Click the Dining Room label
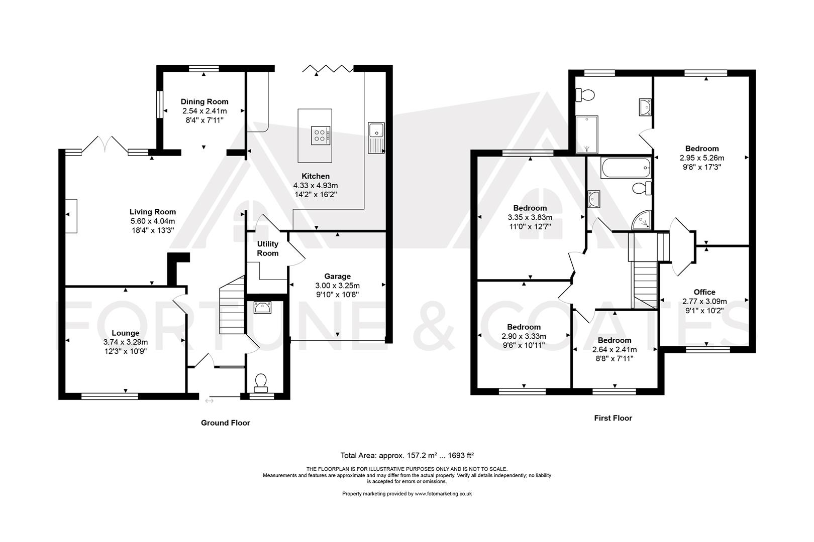click(205, 101)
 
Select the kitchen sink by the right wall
click(376, 137)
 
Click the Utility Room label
click(268, 248)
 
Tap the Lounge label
click(126, 333)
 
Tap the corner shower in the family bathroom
click(642, 221)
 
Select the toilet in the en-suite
click(586, 94)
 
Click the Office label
click(704, 292)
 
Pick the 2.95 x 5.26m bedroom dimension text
click(702, 158)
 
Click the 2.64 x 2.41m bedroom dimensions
click(615, 350)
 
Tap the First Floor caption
click(613, 418)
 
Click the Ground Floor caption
click(225, 423)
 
